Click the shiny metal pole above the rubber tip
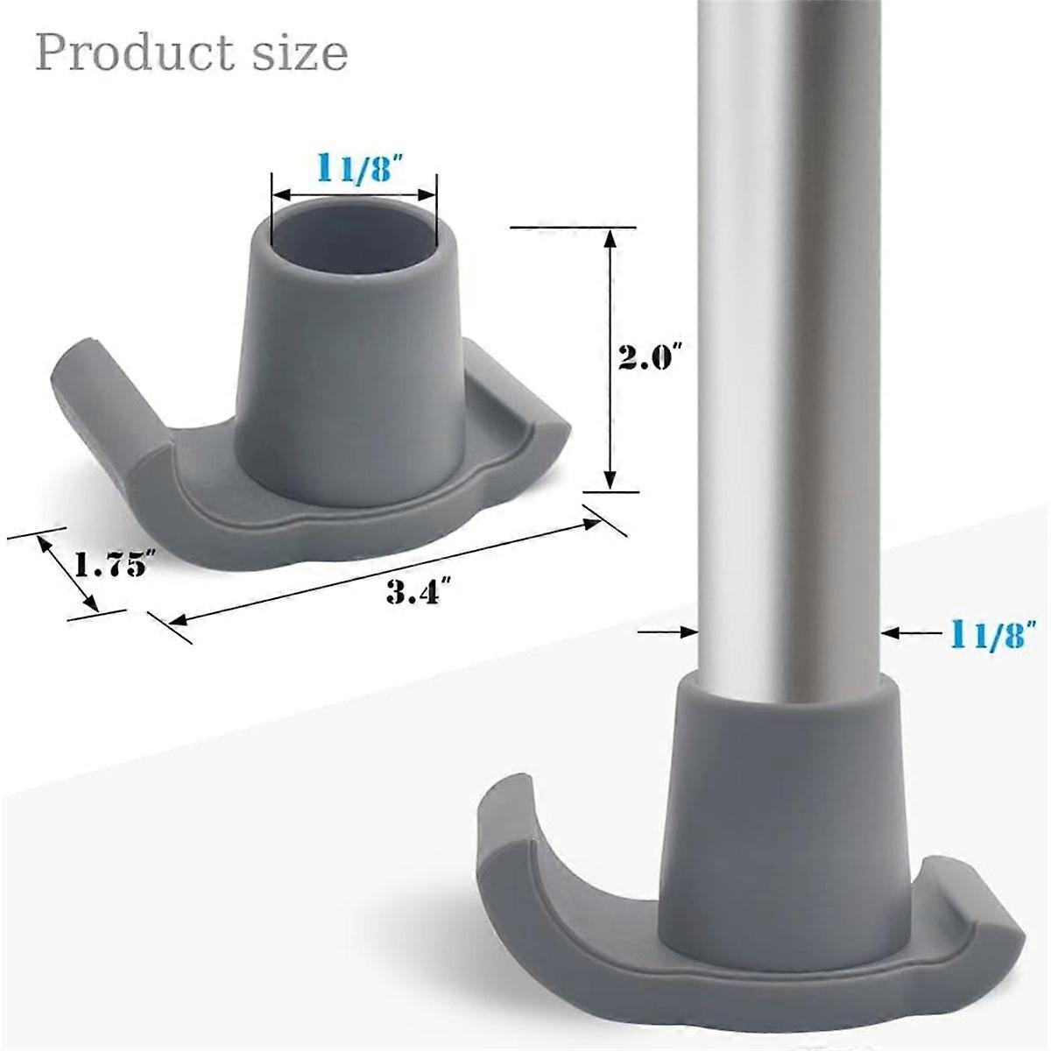[788, 350]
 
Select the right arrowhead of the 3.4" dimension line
[590, 524]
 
